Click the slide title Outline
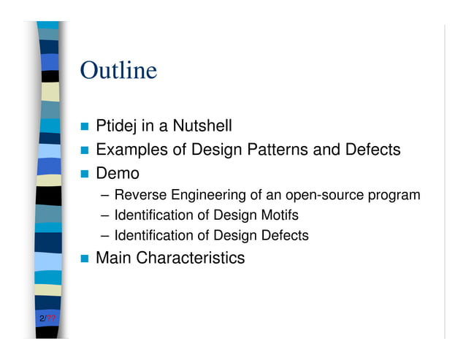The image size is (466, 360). click(118, 71)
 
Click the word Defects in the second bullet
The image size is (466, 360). click(372, 150)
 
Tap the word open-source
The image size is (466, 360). click(321, 195)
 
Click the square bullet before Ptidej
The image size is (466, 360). click(85, 127)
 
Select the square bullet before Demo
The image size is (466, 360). click(85, 175)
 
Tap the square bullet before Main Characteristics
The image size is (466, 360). click(85, 258)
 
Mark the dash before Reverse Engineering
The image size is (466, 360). click(105, 196)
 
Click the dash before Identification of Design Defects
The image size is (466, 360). click(105, 236)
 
